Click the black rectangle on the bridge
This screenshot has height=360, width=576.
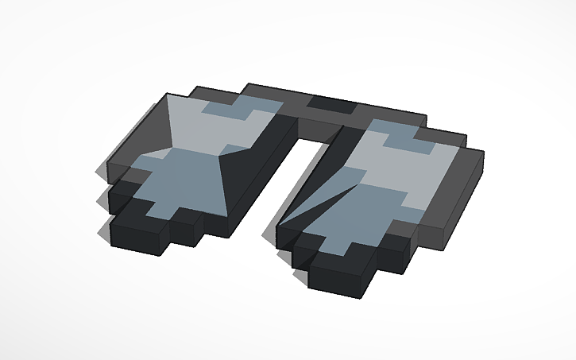pos(330,103)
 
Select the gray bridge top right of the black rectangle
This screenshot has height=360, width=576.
pos(381,110)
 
